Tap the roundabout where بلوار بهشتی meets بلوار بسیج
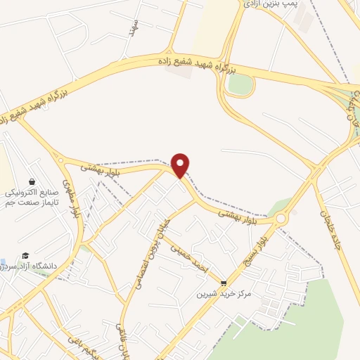281,219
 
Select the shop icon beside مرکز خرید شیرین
224,283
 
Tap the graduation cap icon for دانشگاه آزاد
25,255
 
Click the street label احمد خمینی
192,260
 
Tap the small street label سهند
131,27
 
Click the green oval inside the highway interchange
240,84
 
